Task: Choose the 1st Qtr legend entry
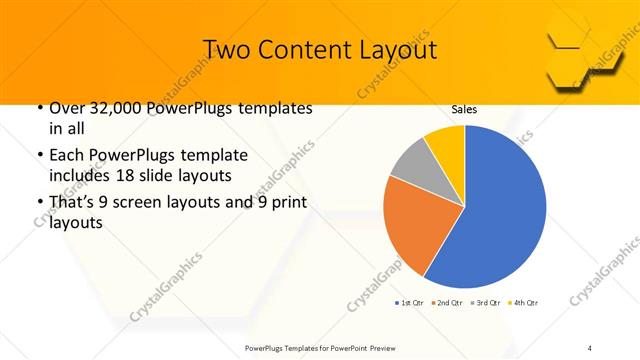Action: [412, 302]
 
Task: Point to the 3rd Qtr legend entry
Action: [486, 302]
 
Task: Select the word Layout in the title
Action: [395, 49]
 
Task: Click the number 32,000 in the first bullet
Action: [116, 108]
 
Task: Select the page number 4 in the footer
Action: [590, 347]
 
